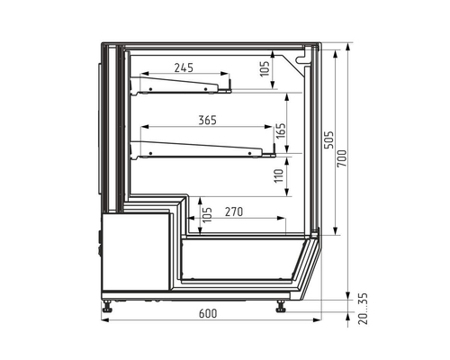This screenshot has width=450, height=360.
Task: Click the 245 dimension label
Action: pyautogui.click(x=184, y=68)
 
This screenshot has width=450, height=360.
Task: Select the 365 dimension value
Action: pyautogui.click(x=207, y=121)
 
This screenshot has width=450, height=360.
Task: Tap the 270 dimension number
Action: pyautogui.click(x=234, y=212)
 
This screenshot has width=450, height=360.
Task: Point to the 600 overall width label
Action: pyautogui.click(x=208, y=313)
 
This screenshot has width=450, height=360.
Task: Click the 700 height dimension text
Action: pyautogui.click(x=342, y=158)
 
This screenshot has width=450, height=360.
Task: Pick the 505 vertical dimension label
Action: pyautogui.click(x=328, y=139)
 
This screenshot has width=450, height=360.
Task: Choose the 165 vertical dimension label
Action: pyautogui.click(x=281, y=130)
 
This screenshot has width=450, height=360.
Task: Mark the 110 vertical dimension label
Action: pyautogui.click(x=279, y=175)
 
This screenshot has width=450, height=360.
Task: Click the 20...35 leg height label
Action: pyautogui.click(x=363, y=309)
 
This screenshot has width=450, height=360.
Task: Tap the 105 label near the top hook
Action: pyautogui.click(x=265, y=68)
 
